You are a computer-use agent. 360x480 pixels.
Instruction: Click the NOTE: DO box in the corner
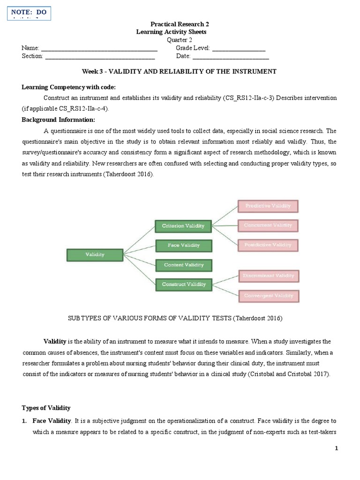29,13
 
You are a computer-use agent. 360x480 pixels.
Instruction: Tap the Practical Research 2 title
176,24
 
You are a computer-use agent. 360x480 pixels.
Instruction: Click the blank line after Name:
99,49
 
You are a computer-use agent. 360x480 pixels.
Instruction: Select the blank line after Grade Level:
239,49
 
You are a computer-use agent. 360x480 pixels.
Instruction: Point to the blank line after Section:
100,57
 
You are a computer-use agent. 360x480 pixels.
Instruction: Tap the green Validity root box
95,255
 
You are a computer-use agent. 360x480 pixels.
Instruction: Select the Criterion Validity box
183,226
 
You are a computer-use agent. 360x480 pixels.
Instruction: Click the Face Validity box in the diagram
183,245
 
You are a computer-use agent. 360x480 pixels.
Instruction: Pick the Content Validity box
183,265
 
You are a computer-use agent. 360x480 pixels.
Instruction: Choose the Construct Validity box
183,284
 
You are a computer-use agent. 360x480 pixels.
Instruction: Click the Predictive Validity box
268,206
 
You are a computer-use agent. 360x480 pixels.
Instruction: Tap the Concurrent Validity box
268,225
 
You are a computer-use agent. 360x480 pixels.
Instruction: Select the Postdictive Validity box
268,245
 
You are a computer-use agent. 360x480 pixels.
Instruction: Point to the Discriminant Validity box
268,276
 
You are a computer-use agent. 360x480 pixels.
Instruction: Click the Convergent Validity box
268,296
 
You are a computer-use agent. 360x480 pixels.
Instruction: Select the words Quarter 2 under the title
180,40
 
